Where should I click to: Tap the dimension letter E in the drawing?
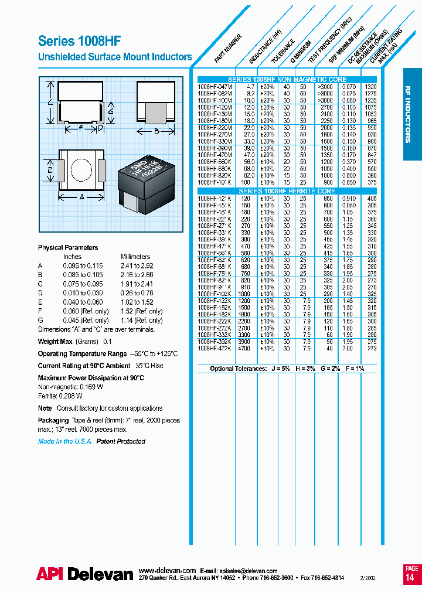click(x=50, y=170)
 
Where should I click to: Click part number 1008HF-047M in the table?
click(x=215, y=86)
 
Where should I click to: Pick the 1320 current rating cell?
click(x=371, y=86)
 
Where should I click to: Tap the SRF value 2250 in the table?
click(x=326, y=120)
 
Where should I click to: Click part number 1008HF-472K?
click(x=215, y=348)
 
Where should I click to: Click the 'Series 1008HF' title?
click(x=79, y=41)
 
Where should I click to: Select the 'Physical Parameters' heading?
click(x=68, y=247)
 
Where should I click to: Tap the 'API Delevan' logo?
click(x=84, y=574)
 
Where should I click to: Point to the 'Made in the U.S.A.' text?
click(x=65, y=441)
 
